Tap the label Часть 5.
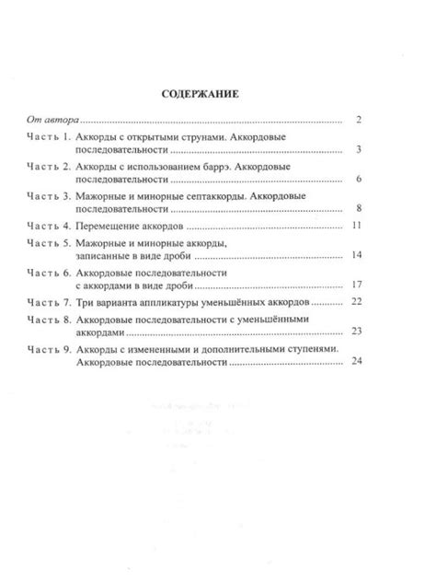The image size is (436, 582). pyautogui.click(x=48, y=242)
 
